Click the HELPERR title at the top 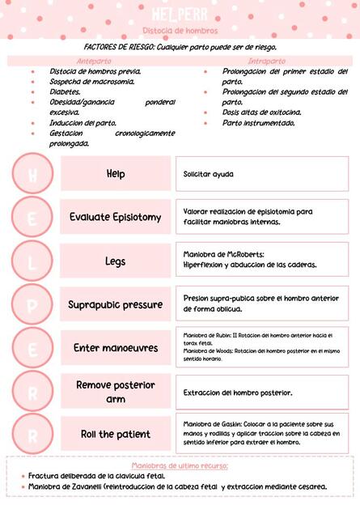click(x=180, y=14)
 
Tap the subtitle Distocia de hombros click(x=180, y=31)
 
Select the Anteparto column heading click(x=94, y=61)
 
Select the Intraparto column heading click(x=267, y=61)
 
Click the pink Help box click(x=116, y=173)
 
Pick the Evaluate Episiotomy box click(x=116, y=217)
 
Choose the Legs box click(x=116, y=261)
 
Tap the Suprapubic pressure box click(x=116, y=304)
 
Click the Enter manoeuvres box click(x=116, y=348)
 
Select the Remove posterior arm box click(x=116, y=392)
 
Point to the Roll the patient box click(x=116, y=434)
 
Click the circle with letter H click(x=33, y=173)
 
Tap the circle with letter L click(x=33, y=261)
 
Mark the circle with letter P click(x=33, y=304)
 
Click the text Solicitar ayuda click(x=208, y=173)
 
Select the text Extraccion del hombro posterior click(x=238, y=393)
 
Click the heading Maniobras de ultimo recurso click(x=180, y=465)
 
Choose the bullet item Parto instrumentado click(x=259, y=123)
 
